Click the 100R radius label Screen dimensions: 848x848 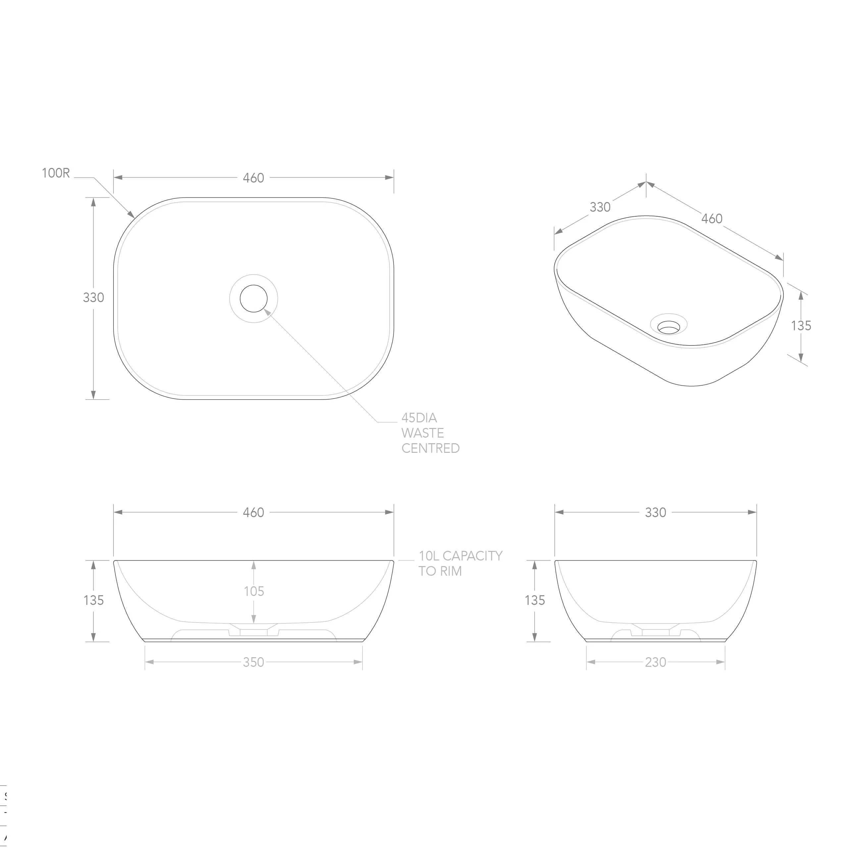point(56,173)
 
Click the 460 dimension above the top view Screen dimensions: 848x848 point(253,178)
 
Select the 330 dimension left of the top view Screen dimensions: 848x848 point(93,297)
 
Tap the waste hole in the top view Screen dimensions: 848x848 point(254,298)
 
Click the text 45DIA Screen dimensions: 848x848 point(419,418)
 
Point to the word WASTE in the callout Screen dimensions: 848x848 point(423,433)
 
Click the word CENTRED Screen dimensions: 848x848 point(431,448)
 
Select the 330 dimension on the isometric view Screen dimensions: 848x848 point(600,207)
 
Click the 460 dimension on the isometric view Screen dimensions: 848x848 point(712,219)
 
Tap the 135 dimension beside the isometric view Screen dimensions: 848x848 point(801,326)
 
